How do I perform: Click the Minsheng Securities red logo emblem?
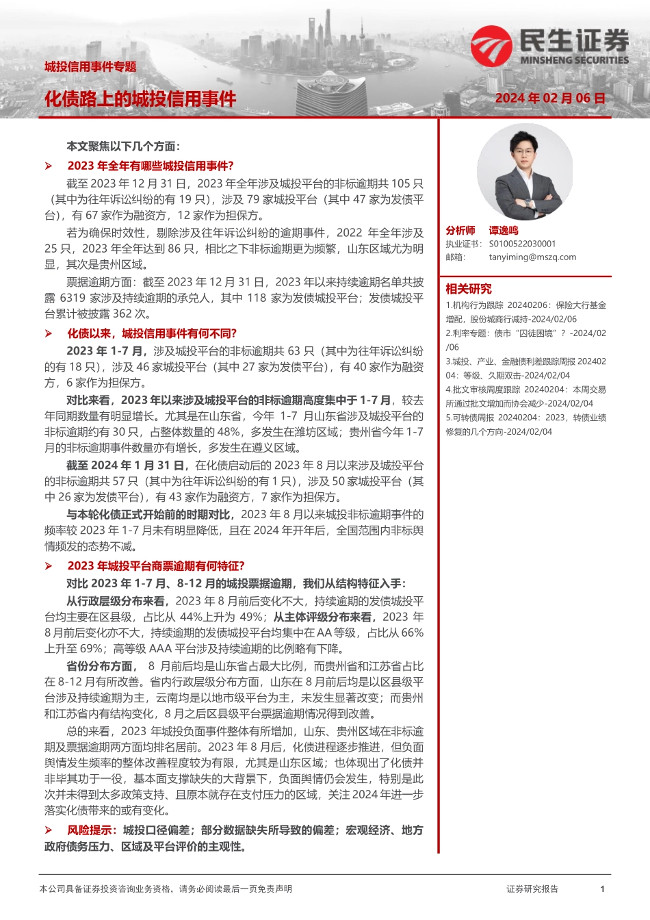(x=491, y=46)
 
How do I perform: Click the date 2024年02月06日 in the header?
(x=550, y=99)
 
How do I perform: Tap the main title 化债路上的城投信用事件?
(x=140, y=99)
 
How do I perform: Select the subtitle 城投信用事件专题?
(x=90, y=66)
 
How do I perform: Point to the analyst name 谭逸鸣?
(x=504, y=231)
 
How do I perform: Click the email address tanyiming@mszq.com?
(x=532, y=257)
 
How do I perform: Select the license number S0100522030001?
(x=522, y=244)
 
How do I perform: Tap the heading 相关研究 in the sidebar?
(x=469, y=289)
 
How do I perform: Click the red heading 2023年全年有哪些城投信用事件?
(x=151, y=166)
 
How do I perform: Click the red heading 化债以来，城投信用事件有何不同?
(x=152, y=333)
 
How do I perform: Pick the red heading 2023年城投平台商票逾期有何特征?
(x=156, y=565)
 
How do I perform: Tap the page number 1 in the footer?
(x=602, y=889)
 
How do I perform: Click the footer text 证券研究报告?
(x=532, y=889)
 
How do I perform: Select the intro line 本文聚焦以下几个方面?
(x=123, y=146)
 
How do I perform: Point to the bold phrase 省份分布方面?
(x=101, y=666)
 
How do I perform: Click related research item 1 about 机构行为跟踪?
(x=525, y=312)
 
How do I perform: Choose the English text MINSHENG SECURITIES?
(x=574, y=60)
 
